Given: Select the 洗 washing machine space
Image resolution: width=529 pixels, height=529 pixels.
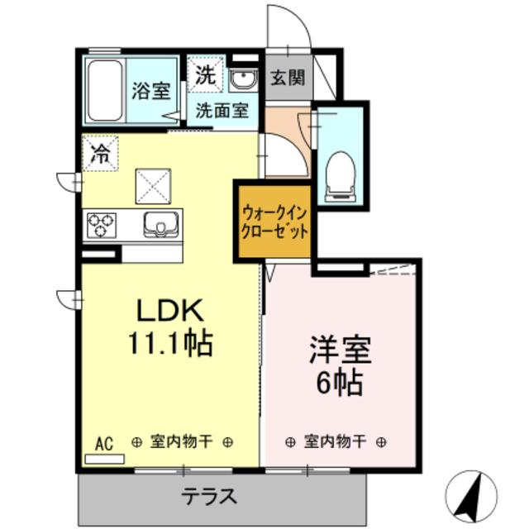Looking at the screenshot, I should click(x=204, y=75).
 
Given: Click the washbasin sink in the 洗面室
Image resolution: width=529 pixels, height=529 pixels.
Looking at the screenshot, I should click(x=242, y=81).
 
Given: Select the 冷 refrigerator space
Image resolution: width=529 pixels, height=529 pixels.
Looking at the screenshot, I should click(x=100, y=153).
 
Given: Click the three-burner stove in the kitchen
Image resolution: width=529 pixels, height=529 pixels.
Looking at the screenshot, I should click(x=102, y=224).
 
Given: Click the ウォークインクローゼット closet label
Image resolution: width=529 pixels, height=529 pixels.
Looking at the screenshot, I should click(x=274, y=222).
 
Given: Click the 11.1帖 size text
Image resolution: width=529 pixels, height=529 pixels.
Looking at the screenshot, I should click(x=169, y=341).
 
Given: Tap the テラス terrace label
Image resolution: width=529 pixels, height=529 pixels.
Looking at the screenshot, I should click(x=210, y=497).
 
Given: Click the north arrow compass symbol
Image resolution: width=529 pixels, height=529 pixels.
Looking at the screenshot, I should click(x=473, y=496).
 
